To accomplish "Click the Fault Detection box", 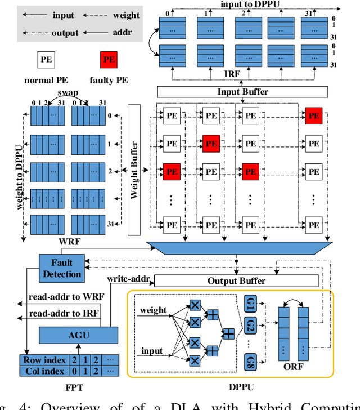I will click(x=62, y=268).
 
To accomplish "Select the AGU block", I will click(x=79, y=335).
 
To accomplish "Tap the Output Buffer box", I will click(x=236, y=280).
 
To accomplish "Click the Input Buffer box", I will click(x=242, y=92).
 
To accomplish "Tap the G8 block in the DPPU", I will click(x=251, y=362).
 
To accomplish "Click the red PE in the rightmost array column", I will click(x=314, y=117).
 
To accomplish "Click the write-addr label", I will click(x=128, y=278).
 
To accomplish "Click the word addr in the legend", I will click(x=121, y=32).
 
